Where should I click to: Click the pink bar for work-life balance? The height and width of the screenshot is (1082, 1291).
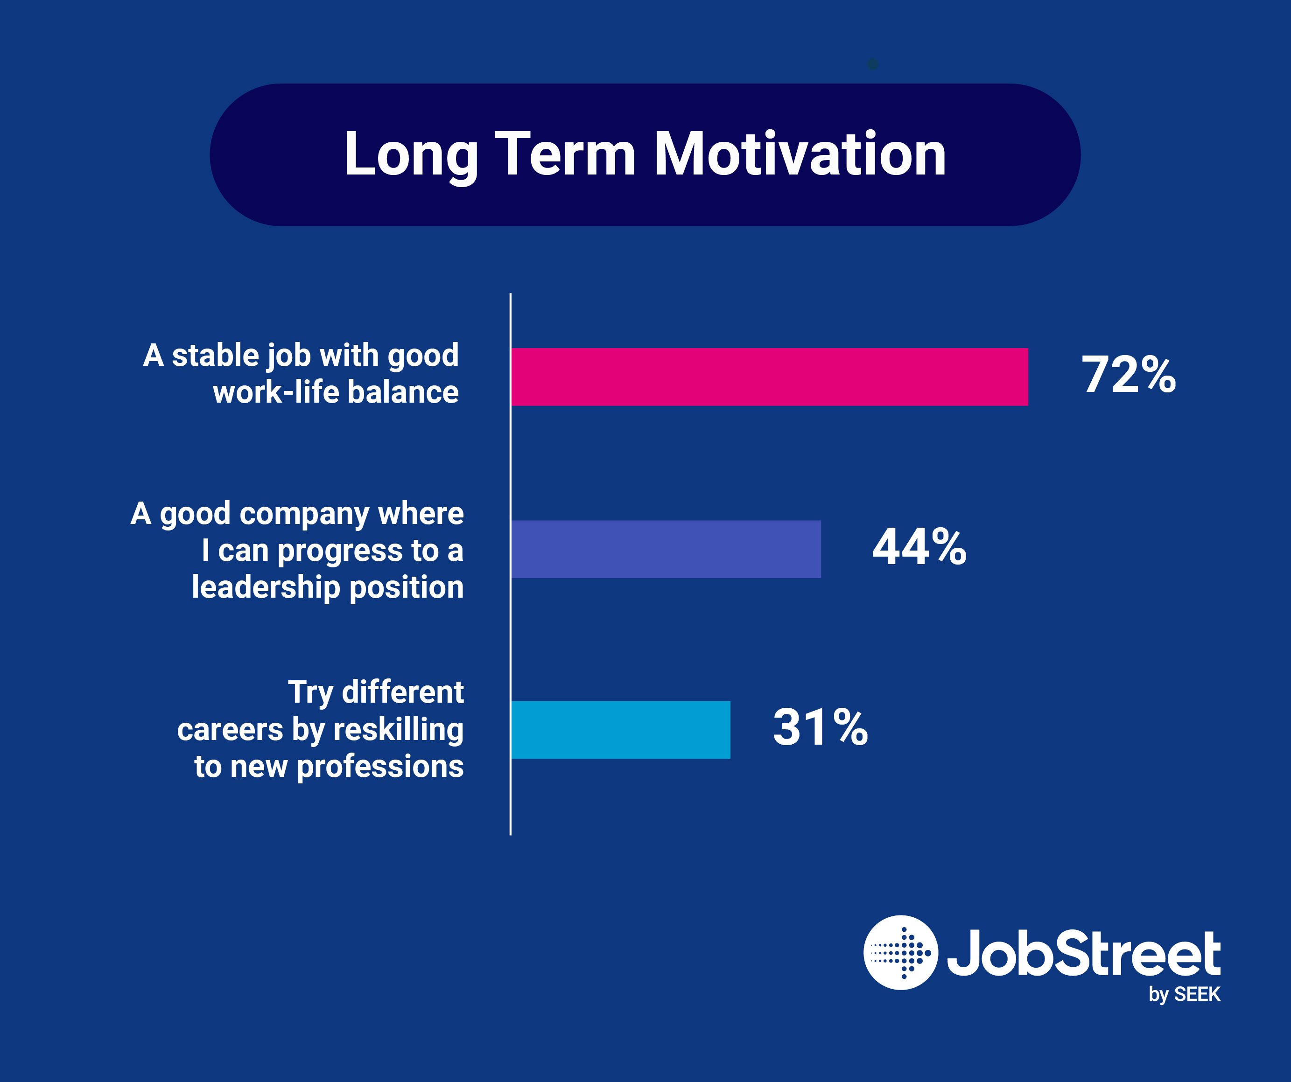pyautogui.click(x=768, y=377)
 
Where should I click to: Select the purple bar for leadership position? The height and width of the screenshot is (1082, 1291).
pyautogui.click(x=665, y=549)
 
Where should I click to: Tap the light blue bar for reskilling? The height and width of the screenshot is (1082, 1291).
pyautogui.click(x=620, y=729)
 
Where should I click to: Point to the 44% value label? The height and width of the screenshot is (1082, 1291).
pyautogui.click(x=919, y=547)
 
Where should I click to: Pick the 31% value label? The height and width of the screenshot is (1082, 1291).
pyautogui.click(x=820, y=727)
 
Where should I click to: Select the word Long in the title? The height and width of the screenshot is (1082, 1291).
pyautogui.click(x=411, y=155)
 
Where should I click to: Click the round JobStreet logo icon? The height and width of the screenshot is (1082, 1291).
pyautogui.click(x=901, y=952)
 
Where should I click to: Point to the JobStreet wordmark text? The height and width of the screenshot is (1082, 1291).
pyautogui.click(x=1083, y=953)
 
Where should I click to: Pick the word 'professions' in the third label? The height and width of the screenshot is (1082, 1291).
pyautogui.click(x=380, y=767)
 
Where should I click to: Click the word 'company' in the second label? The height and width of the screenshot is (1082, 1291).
pyautogui.click(x=304, y=513)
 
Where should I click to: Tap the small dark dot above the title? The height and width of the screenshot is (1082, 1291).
pyautogui.click(x=872, y=64)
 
